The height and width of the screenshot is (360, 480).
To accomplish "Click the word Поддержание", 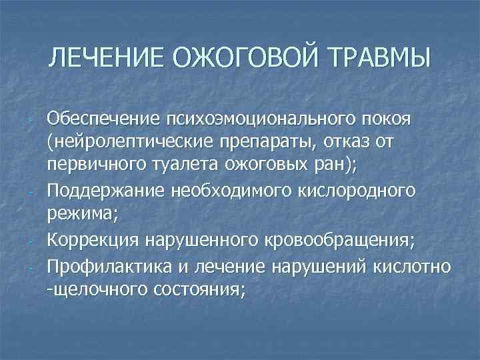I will click(x=103, y=190).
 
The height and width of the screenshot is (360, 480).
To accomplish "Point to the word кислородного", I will click(x=363, y=190).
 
